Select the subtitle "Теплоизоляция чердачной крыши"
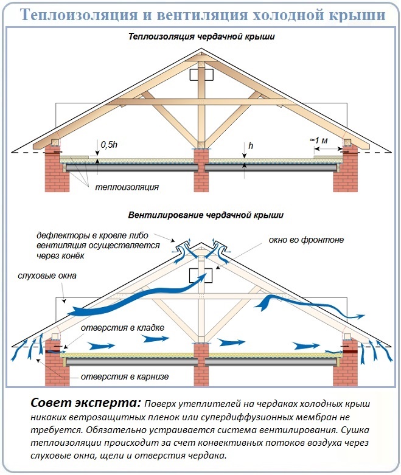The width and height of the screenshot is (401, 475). [x=201, y=36]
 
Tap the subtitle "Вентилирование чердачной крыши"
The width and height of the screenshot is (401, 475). [x=206, y=215]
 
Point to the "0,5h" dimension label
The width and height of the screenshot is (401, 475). [x=109, y=145]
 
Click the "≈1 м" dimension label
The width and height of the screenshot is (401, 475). [x=319, y=140]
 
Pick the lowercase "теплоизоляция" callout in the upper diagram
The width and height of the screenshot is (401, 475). [x=127, y=187]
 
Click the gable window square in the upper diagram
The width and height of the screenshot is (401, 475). [x=201, y=75]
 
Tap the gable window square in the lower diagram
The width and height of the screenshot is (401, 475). [x=200, y=276]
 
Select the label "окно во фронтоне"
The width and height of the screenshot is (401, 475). [x=306, y=240]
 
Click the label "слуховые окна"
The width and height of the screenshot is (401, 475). [x=47, y=276]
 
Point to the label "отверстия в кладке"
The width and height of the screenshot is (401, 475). [x=122, y=328]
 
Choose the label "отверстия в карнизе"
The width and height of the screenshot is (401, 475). [x=125, y=377]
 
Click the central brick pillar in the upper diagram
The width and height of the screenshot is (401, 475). [x=201, y=170]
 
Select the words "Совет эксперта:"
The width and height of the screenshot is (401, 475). [x=86, y=403]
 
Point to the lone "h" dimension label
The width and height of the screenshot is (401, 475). [x=251, y=146]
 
